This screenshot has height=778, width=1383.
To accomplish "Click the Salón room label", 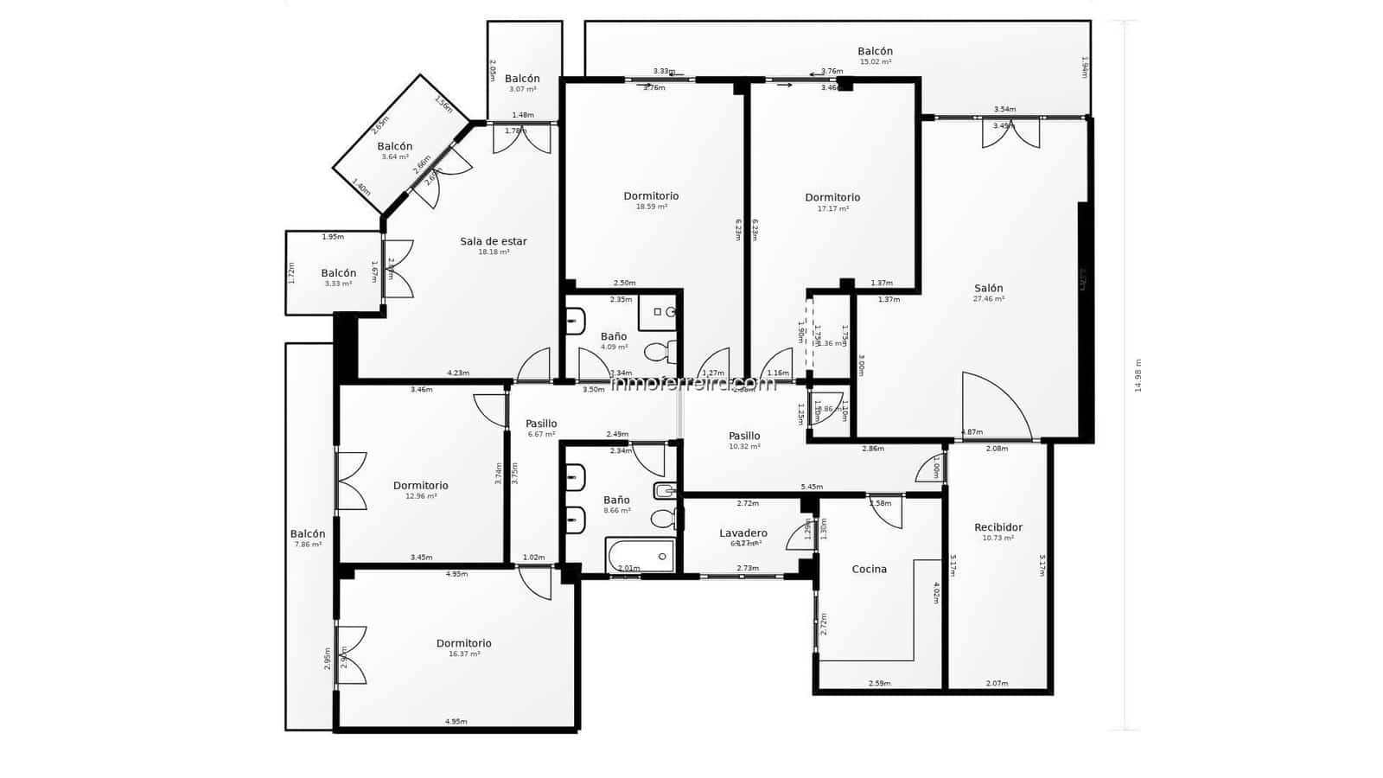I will coord(988,289).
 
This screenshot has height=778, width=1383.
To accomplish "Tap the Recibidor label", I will coord(997,527).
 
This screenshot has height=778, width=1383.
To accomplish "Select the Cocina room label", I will coord(869,569).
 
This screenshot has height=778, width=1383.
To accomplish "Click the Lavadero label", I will coord(742,533).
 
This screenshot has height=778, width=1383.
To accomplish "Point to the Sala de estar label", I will coord(493,242).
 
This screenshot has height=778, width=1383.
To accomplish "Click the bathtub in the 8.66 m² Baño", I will coord(641,556).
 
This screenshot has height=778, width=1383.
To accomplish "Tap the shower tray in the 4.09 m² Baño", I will coord(658,312).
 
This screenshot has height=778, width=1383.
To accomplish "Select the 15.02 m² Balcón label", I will coord(875,52).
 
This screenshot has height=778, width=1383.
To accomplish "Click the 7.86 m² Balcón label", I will coord(308,534).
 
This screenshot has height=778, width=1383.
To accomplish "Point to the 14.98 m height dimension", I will coord(1138,375).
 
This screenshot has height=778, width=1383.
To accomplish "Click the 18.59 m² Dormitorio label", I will coord(651,196).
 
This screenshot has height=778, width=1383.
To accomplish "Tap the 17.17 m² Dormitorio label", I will coord(832,198).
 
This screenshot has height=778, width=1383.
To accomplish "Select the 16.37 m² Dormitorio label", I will coord(463,644).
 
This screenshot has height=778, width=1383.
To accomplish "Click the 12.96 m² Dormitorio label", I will coord(420,486).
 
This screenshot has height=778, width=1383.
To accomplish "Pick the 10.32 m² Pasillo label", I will coord(743,437).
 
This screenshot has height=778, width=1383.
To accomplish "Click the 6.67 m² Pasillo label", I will coord(541,424).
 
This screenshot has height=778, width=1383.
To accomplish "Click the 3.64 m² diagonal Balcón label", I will coord(394,147).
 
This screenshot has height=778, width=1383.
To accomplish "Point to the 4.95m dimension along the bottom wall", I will coord(456,722).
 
